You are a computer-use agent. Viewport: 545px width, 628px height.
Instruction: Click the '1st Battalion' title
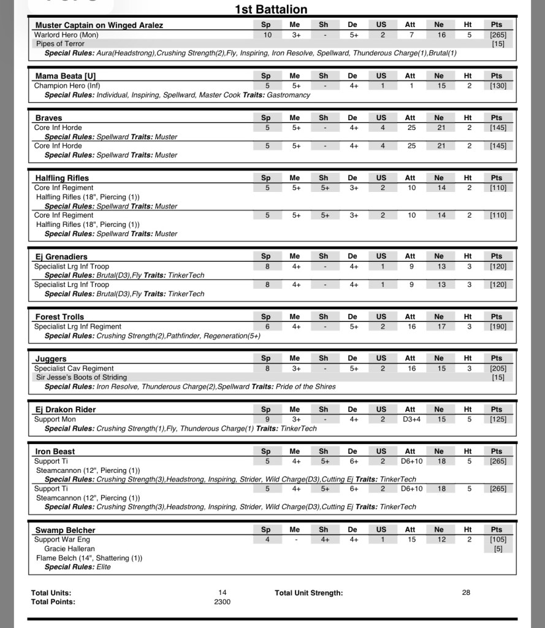[x=271, y=9]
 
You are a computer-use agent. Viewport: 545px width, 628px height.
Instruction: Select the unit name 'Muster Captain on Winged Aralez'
[x=99, y=25]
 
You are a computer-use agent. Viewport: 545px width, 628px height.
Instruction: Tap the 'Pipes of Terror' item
[x=60, y=44]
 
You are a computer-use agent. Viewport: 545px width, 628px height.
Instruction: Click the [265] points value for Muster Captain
[x=498, y=35]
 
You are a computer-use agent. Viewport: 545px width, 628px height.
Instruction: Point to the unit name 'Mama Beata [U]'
[x=66, y=76]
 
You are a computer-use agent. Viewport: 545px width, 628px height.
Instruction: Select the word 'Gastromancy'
[x=289, y=95]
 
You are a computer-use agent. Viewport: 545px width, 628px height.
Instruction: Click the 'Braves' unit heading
[x=48, y=118]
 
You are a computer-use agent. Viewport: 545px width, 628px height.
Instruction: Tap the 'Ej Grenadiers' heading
[x=61, y=256]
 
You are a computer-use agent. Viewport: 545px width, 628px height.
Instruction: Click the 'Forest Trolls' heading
[x=59, y=317]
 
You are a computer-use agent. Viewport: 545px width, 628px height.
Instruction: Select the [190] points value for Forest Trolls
[x=498, y=327]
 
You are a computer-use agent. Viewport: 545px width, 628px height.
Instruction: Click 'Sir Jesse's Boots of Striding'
[x=82, y=377]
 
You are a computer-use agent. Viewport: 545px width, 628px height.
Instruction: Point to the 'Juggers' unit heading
[x=51, y=359]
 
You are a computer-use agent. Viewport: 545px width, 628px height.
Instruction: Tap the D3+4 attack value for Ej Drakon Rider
[x=410, y=419]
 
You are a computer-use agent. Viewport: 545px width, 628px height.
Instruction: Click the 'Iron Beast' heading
[x=55, y=451]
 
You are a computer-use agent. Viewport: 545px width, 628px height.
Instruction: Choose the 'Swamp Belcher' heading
[x=65, y=530]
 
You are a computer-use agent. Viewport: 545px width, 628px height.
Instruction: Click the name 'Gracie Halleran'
[x=69, y=549]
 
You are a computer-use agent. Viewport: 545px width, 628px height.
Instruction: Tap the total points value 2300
[x=222, y=602]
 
